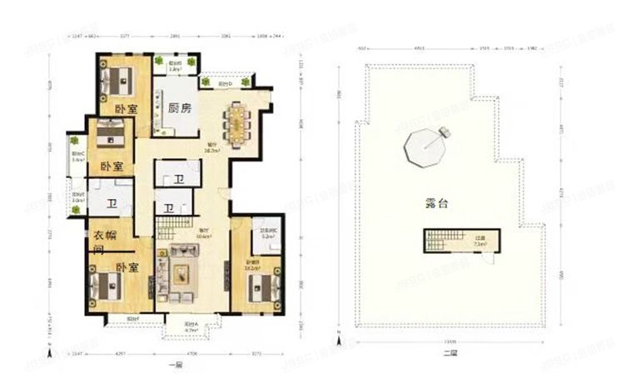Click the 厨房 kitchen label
[180, 108]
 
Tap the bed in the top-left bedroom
[116, 81]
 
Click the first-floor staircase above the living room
[172, 226]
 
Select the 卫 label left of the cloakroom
[111, 206]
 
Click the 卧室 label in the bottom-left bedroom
[127, 267]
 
